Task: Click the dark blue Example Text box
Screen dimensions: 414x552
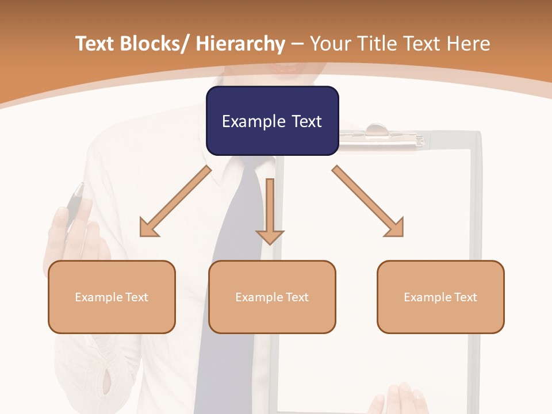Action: (x=272, y=121)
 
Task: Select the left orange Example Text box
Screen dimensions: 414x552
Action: (x=112, y=297)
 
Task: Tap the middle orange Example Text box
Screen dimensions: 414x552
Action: (x=272, y=297)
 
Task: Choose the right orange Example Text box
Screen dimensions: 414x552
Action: (x=440, y=297)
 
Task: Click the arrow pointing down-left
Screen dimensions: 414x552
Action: (x=175, y=202)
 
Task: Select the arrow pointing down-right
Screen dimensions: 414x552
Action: (x=368, y=201)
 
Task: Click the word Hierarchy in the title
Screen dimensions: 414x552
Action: (x=240, y=44)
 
